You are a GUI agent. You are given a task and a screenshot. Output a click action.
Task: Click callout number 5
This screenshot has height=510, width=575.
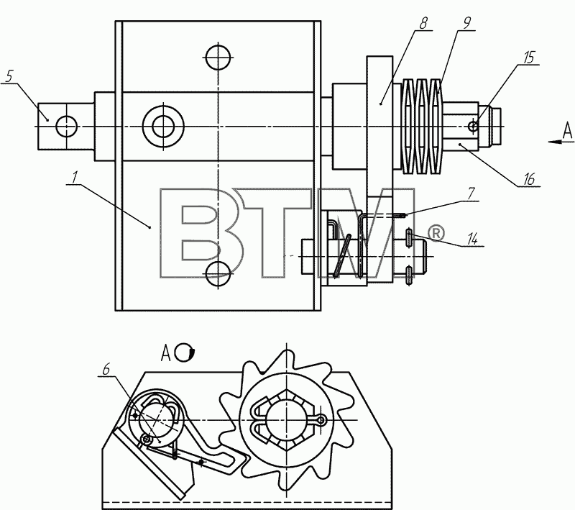click(9, 76)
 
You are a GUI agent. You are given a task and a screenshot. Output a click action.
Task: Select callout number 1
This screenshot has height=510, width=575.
click(75, 177)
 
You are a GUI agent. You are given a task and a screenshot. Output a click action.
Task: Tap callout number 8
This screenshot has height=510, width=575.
click(423, 24)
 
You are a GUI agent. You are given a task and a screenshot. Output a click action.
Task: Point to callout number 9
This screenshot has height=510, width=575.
click(466, 23)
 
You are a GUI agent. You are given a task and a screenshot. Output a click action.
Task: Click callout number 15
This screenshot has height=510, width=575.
click(529, 58)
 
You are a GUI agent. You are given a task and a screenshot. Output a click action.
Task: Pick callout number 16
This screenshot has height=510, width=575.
click(529, 179)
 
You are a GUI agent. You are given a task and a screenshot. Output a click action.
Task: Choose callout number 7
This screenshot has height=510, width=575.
click(471, 193)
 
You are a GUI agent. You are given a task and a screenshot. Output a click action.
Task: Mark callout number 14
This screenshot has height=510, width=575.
click(472, 240)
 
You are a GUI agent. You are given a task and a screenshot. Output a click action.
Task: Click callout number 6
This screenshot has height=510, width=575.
click(106, 369)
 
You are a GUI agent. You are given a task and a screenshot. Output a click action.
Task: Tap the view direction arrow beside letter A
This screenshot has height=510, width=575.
click(556, 142)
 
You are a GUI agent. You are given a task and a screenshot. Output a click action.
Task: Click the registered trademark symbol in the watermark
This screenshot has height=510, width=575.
click(436, 233)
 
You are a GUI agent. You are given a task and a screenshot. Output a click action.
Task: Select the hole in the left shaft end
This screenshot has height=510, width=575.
click(66, 126)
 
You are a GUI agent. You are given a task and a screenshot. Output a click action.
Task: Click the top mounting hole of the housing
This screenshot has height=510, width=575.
click(218, 57)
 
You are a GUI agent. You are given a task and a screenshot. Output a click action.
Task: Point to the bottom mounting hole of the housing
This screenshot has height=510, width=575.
click(218, 274)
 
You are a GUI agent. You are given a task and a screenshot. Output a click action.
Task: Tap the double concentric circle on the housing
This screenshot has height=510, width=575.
click(163, 127)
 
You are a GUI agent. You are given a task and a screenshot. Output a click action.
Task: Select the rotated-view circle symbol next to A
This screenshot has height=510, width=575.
click(185, 352)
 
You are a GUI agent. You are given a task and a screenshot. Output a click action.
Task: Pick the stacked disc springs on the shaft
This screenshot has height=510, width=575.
click(422, 126)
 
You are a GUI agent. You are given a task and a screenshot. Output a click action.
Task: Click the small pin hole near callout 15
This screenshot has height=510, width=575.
click(473, 127)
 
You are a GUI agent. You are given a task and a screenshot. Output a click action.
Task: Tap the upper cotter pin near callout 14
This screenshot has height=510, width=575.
click(409, 237)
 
